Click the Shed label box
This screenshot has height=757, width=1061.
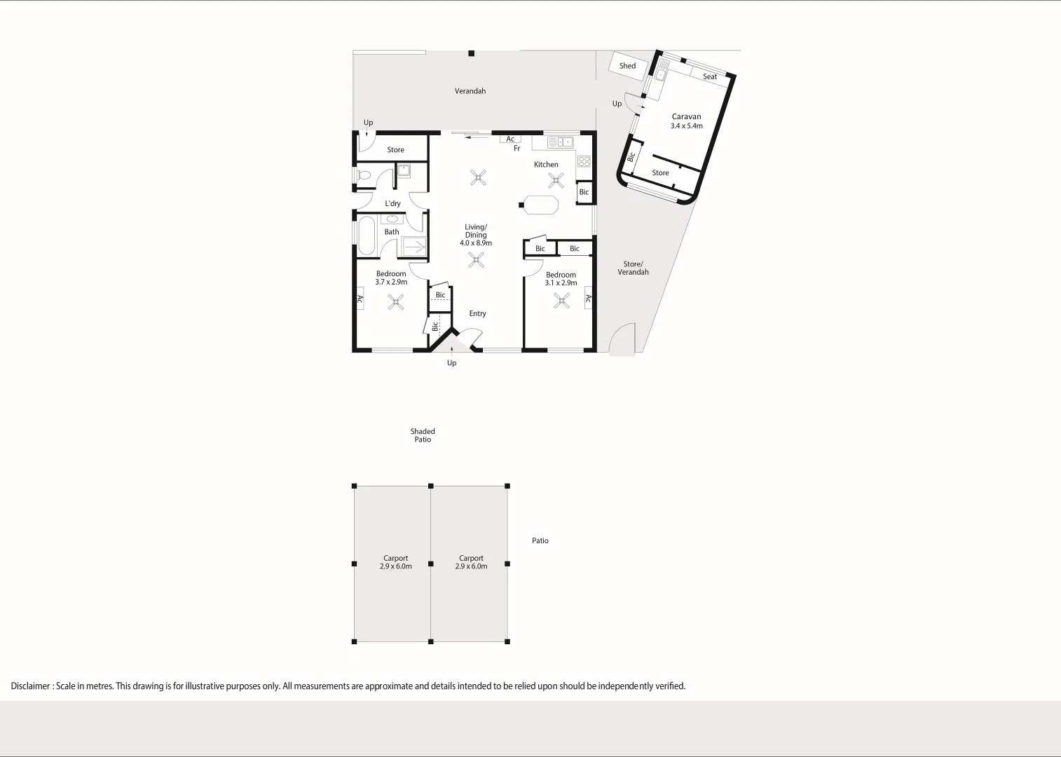[627, 66]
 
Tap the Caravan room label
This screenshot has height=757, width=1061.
[686, 117]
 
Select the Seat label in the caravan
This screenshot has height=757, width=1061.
[710, 76]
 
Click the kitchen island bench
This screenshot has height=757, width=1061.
[541, 205]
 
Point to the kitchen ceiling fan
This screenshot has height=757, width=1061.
[556, 181]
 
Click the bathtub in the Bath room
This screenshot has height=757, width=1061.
[367, 236]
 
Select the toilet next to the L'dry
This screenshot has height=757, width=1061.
[362, 175]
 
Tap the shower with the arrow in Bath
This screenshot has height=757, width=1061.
[413, 247]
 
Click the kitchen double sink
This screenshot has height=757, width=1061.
[560, 142]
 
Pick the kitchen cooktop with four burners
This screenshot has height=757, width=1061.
[584, 161]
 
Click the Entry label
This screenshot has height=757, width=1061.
[477, 313]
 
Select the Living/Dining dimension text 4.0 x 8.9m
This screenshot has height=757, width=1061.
[476, 243]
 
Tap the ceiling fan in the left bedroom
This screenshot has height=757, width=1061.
[396, 302]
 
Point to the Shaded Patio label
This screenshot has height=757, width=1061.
[423, 435]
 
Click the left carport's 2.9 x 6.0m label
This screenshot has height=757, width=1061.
[396, 566]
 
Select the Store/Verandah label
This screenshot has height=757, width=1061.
[633, 268]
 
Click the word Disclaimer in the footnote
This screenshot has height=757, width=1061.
[30, 686]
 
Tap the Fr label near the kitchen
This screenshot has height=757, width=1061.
[517, 149]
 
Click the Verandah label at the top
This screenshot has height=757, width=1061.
[470, 91]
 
